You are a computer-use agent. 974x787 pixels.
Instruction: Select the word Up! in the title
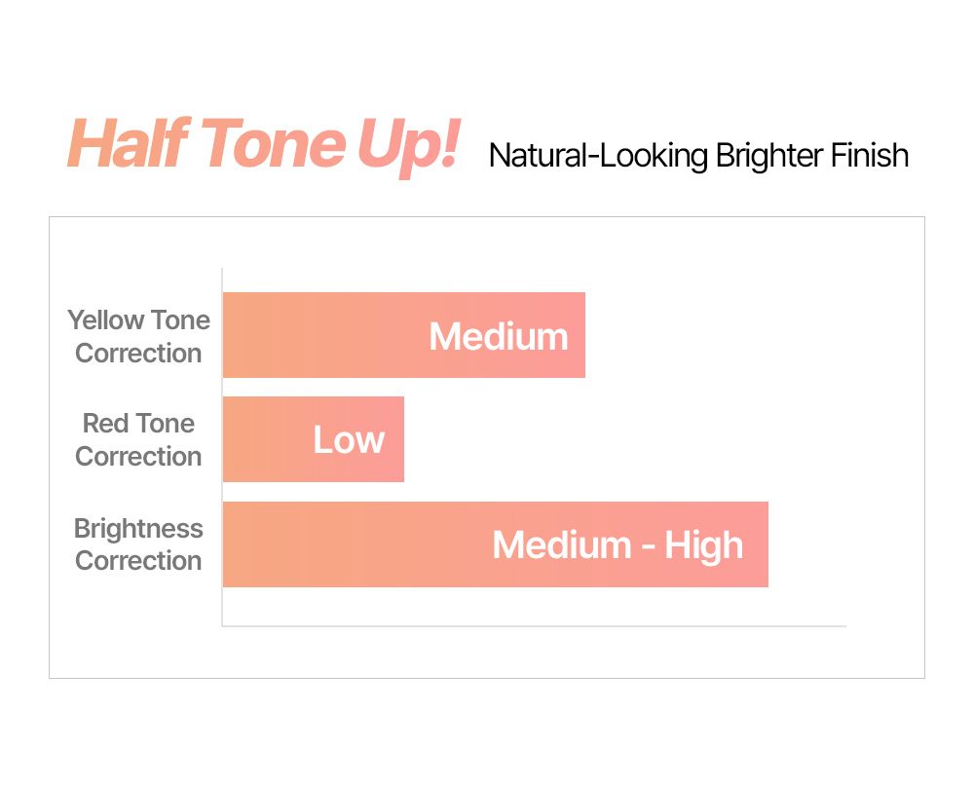click(408, 147)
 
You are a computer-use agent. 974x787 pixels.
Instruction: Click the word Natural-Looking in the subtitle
click(598, 156)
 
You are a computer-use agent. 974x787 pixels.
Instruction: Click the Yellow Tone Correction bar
click(404, 335)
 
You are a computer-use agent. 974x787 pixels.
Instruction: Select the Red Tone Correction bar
click(313, 439)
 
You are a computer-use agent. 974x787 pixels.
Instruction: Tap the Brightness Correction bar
click(495, 544)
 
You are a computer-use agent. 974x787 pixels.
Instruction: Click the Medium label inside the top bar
click(499, 337)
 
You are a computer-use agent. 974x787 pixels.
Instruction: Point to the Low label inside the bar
click(349, 440)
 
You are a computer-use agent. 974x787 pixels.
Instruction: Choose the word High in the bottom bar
click(704, 546)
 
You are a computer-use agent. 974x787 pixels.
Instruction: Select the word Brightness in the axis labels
click(138, 529)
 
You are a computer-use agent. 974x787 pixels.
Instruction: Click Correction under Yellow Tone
click(138, 354)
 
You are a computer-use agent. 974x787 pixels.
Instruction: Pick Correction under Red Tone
click(138, 457)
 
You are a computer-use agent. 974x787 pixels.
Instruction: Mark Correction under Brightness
click(138, 561)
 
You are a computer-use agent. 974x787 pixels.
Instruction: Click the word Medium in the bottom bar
click(562, 545)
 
